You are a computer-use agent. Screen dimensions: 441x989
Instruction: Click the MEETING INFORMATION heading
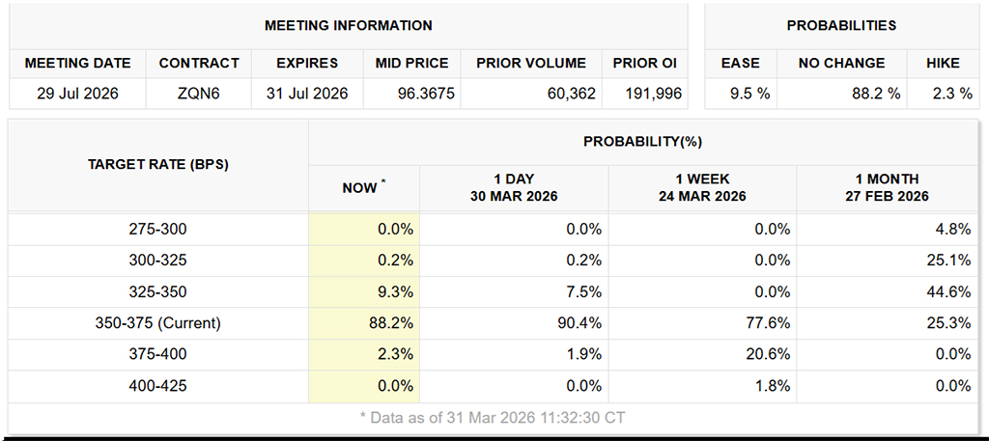pyautogui.click(x=349, y=25)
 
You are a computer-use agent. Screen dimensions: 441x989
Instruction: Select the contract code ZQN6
pyautogui.click(x=199, y=94)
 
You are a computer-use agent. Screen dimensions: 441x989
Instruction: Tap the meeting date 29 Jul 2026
pyautogui.click(x=77, y=94)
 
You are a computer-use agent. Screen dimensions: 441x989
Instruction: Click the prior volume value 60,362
pyautogui.click(x=568, y=94)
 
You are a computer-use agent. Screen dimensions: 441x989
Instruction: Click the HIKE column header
pyautogui.click(x=943, y=63)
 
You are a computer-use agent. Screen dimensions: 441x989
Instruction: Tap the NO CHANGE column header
pyautogui.click(x=841, y=63)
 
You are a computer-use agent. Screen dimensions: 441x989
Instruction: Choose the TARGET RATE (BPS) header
pyautogui.click(x=158, y=164)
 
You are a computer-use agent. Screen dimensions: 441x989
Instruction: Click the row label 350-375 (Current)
pyautogui.click(x=158, y=323)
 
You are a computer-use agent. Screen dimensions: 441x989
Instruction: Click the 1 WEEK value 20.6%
pyautogui.click(x=764, y=354)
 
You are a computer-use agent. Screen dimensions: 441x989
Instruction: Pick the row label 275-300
pyautogui.click(x=158, y=230)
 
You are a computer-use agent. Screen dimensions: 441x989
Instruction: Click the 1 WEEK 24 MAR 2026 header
pyautogui.click(x=702, y=187)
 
